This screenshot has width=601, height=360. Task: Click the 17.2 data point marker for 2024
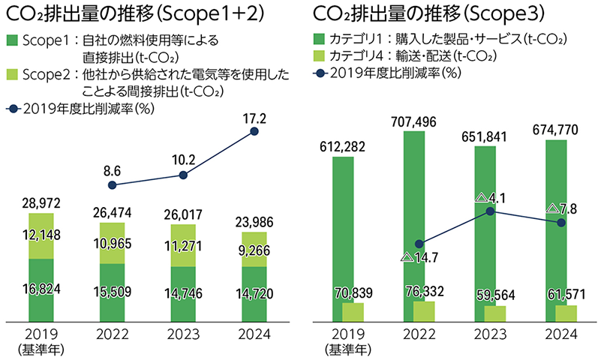254,132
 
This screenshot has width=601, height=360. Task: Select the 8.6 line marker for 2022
113,184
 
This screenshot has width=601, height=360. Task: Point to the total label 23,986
254,220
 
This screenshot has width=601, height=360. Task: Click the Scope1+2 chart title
125,13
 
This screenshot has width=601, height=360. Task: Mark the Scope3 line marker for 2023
490,211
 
